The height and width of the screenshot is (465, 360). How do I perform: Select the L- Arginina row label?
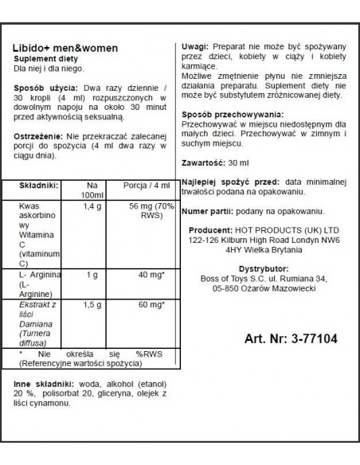(x=37, y=273)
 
